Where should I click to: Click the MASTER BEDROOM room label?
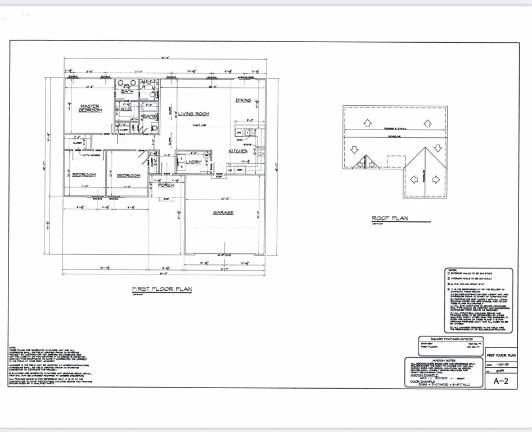click(90, 108)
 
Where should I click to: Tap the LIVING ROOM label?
click(193, 114)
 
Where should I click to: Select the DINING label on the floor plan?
click(243, 100)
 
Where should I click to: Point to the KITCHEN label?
click(237, 151)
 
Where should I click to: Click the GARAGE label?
click(223, 213)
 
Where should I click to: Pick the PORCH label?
click(166, 184)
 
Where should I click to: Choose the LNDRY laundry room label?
click(195, 162)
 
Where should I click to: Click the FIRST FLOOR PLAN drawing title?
click(162, 289)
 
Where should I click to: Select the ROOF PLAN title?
click(390, 218)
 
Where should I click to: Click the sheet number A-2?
click(501, 380)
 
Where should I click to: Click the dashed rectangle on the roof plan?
click(396, 161)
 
